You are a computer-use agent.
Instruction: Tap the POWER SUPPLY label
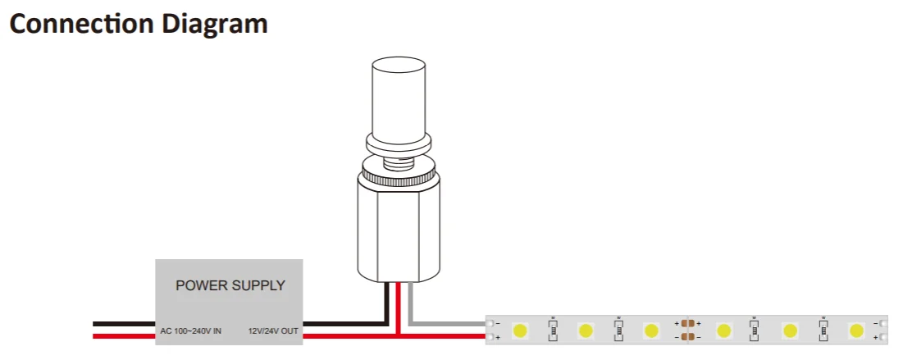[230, 286]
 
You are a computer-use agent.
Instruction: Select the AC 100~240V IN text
[190, 331]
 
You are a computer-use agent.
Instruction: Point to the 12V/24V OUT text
[273, 331]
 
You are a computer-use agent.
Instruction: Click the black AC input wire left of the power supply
[123, 324]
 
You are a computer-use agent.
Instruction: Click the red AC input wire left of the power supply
[123, 335]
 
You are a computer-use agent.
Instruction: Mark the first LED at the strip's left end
[520, 330]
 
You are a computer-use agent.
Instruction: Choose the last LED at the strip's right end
[856, 330]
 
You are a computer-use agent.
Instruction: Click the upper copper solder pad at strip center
[688, 324]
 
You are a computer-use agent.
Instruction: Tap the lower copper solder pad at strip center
[688, 336]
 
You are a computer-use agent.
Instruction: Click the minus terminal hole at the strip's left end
[490, 323]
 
